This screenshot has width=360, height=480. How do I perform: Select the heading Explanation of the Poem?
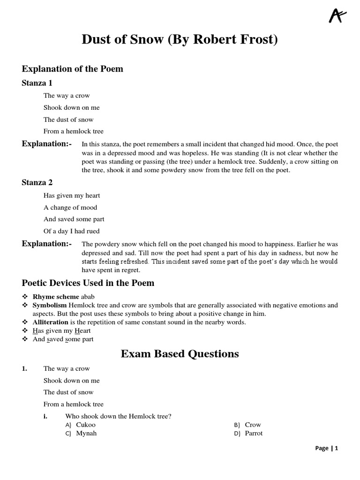[x=72, y=69]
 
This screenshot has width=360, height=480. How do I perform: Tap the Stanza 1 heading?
[x=37, y=83]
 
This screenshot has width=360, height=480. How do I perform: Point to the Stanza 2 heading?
[x=37, y=182]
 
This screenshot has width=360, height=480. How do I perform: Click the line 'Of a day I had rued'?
[x=71, y=231]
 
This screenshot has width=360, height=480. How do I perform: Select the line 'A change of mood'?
[x=70, y=207]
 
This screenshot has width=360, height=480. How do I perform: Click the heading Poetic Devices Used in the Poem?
[x=88, y=283]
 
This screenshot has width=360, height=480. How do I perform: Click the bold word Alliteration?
[x=51, y=322]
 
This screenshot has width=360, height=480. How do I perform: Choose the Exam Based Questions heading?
[x=180, y=353]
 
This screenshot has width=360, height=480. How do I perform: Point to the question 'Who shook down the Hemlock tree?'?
[x=118, y=416]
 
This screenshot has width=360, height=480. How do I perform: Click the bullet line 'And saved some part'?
[x=63, y=339]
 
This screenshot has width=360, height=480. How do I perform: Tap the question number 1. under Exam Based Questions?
[x=25, y=368]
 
